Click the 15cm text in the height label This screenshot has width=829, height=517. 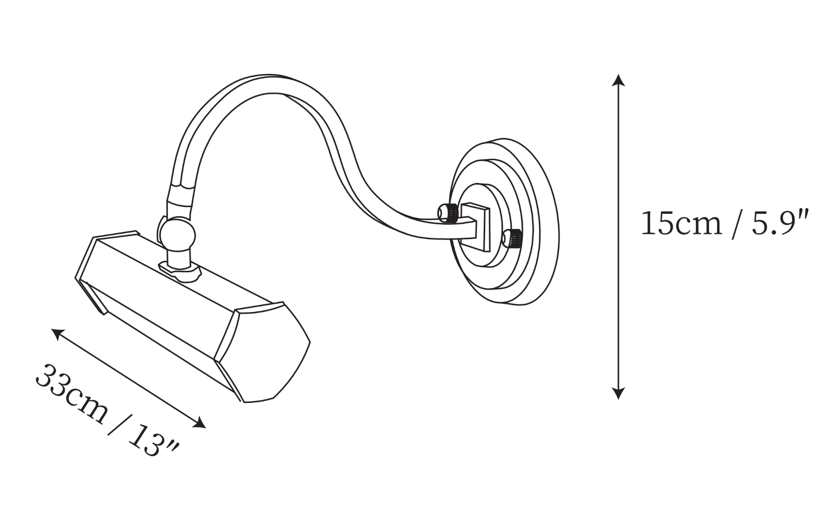[682, 223]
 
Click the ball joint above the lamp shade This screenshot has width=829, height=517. [177, 235]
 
